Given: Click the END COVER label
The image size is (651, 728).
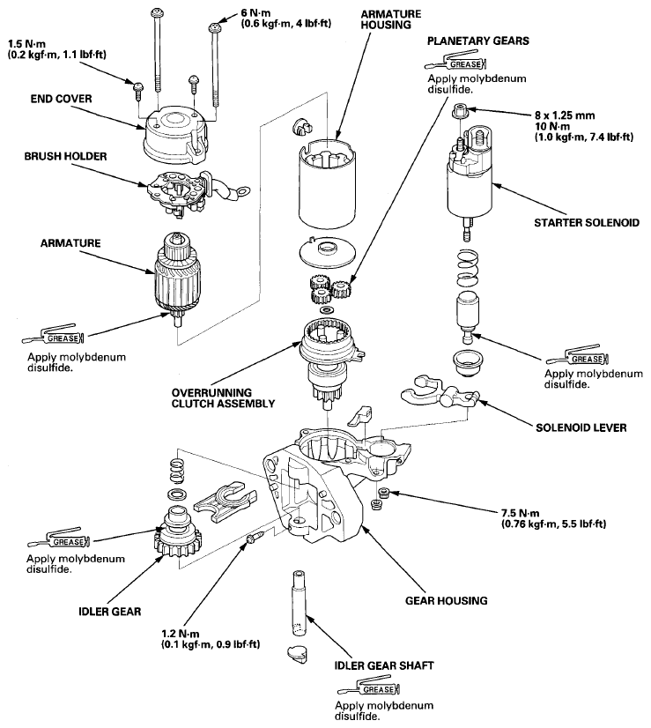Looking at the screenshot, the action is coord(62,99).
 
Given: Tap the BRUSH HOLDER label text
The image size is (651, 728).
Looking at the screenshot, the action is coord(65,157).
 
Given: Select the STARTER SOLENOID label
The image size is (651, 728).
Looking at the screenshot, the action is coord(587,223).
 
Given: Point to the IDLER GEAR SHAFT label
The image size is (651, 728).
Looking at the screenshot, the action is coord(384,665).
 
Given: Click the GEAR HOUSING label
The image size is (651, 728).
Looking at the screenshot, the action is coord(447,601).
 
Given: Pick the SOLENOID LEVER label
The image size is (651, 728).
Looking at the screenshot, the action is coord(581,427).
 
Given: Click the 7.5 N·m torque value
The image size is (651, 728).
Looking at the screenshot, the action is coord(520,514).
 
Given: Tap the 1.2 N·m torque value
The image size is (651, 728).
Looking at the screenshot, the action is coord(181,634).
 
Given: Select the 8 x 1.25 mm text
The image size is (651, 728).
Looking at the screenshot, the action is coord(565,115).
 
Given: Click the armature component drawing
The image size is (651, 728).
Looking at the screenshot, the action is coord(177,279).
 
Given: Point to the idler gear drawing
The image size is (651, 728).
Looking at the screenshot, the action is coord(177,533).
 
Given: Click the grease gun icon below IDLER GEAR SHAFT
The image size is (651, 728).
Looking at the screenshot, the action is coord(369,688).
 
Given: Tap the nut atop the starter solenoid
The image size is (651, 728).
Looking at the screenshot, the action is coord(459,111).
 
